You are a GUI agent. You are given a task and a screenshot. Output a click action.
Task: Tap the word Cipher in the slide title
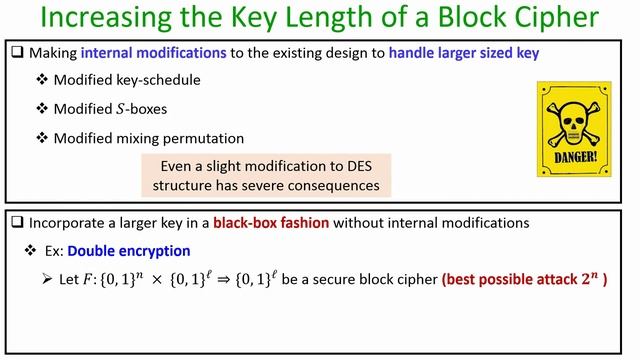click(565, 22)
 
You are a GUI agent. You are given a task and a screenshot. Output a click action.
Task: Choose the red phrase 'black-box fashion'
click(264, 222)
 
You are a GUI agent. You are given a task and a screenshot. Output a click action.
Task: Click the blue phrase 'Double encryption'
click(132, 250)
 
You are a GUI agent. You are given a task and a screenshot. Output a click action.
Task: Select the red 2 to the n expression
click(593, 277)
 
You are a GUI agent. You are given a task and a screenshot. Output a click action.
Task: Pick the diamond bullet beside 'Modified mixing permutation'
click(42, 137)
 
